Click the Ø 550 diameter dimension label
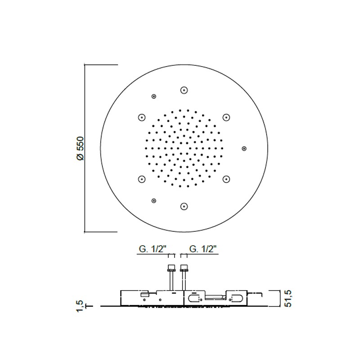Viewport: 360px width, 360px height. (81, 148)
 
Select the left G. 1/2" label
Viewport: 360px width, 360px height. (153, 249)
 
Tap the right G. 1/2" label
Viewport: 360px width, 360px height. (203, 249)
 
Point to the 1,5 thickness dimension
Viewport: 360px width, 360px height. (80, 306)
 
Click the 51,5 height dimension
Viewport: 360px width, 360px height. (288, 298)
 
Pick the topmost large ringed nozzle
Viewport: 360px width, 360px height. (184, 90)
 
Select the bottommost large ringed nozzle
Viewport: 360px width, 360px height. (184, 207)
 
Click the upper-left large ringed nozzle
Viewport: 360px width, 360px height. (142, 117)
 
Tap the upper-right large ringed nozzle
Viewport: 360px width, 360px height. (226, 117)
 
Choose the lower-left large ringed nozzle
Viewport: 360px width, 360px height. (142, 179)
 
